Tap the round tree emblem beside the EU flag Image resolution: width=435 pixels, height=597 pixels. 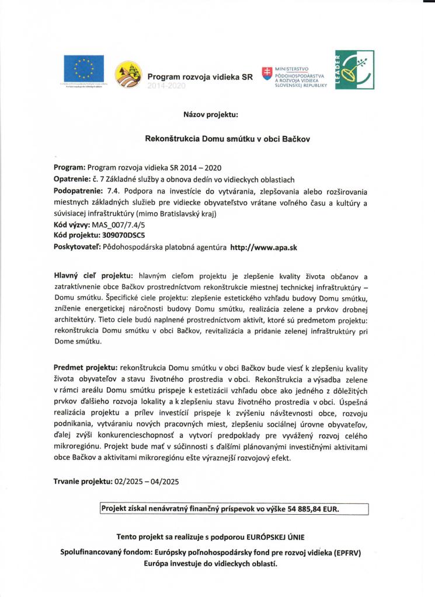coord(127,75)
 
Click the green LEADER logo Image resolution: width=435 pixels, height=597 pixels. coord(355,70)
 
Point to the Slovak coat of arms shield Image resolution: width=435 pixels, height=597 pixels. coord(267,74)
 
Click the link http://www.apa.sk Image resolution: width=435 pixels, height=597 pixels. coord(264,248)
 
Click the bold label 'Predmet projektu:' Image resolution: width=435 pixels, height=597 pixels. coord(85,368)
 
